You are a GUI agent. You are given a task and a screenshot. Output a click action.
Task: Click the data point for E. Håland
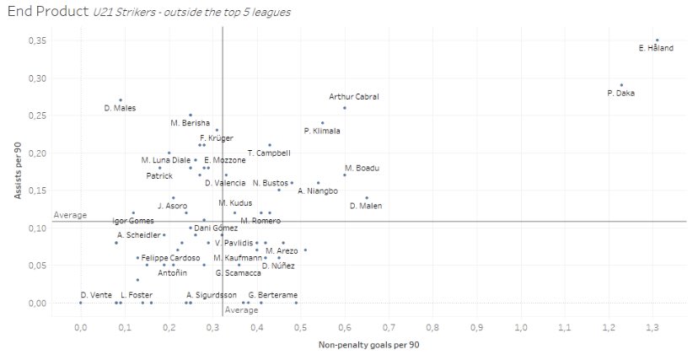point(658,40)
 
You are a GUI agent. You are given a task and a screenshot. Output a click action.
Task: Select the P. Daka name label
point(620,94)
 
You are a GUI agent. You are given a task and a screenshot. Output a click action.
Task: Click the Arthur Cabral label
point(354,97)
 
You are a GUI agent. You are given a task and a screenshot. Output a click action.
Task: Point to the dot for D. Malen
point(367,198)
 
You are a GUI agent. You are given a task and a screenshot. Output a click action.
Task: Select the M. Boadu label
point(362,169)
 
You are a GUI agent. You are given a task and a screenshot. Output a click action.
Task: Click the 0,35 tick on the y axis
point(37,40)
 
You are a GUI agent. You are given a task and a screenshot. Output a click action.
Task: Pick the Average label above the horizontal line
point(70,215)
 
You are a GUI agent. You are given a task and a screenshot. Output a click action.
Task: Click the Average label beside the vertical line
point(242,310)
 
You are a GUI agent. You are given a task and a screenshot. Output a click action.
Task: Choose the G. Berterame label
point(273,296)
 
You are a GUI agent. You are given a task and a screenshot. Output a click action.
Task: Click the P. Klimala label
point(322,132)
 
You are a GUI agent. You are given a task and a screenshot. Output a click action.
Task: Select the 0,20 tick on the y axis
point(37,153)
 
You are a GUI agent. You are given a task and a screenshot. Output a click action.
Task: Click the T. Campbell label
point(269,153)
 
